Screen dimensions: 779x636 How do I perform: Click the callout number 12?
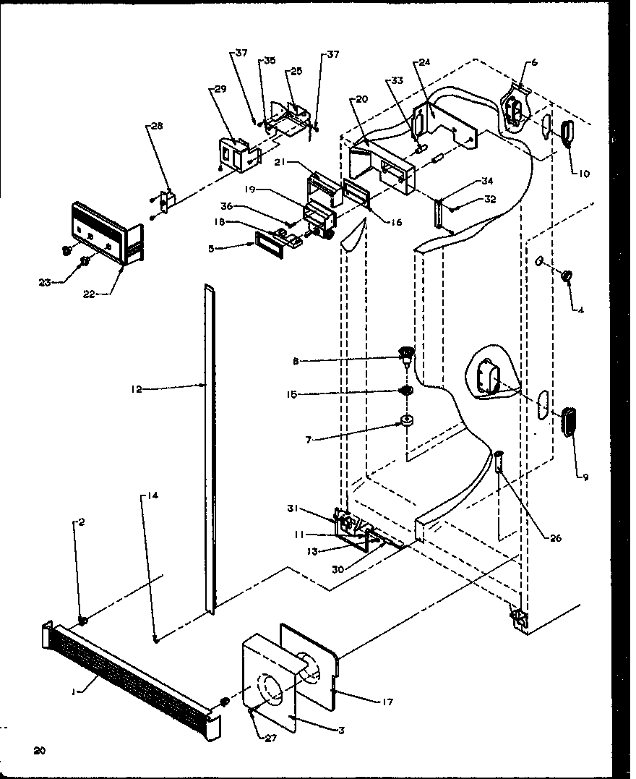point(137,389)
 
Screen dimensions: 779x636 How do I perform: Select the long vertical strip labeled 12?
point(209,448)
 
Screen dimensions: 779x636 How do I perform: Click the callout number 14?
point(153,495)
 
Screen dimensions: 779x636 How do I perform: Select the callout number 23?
point(46,283)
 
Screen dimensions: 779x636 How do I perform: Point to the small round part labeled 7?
point(408,421)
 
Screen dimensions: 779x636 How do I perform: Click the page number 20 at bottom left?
point(39,751)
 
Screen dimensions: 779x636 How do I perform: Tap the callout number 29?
point(220,88)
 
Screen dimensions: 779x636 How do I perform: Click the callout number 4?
point(580,310)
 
